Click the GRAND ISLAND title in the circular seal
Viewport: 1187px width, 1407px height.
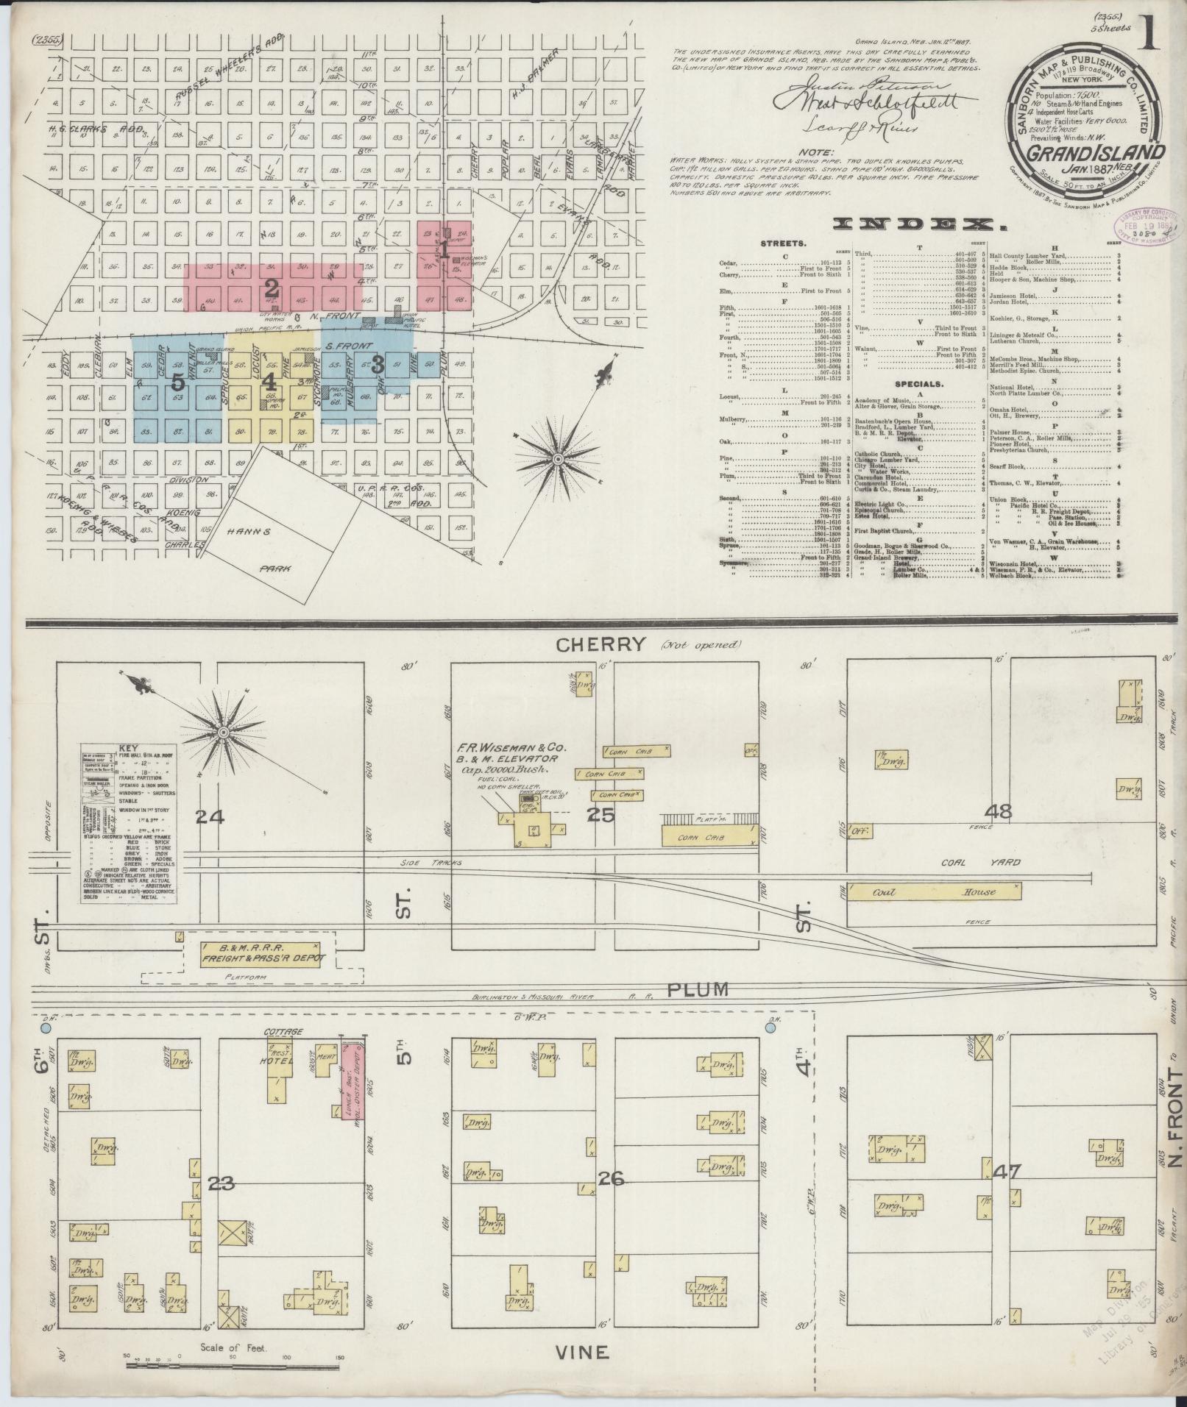click(x=1077, y=153)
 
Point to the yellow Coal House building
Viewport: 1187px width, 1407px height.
click(x=934, y=892)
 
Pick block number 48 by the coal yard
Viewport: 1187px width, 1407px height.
click(x=1002, y=812)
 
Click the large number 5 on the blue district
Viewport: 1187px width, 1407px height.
click(x=177, y=382)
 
